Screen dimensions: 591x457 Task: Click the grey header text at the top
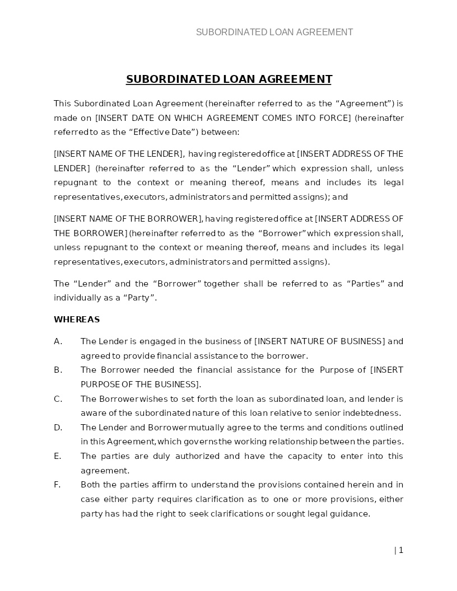coord(274,32)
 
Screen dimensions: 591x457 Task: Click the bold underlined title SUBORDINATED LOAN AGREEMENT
coord(229,79)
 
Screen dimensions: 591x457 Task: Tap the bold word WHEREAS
coord(77,320)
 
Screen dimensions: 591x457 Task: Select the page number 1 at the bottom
coord(400,550)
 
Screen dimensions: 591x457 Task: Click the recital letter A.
coord(57,341)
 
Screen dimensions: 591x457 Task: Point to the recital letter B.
coord(57,370)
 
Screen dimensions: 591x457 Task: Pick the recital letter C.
coord(57,399)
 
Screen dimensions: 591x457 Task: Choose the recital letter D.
coord(58,428)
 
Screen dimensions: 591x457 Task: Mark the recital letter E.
coord(57,456)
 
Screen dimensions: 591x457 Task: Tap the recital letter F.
coord(57,485)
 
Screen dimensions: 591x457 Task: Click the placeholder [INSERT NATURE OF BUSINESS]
coord(320,341)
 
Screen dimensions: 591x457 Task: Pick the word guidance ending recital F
coord(351,514)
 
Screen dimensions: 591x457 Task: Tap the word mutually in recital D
coord(206,428)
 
